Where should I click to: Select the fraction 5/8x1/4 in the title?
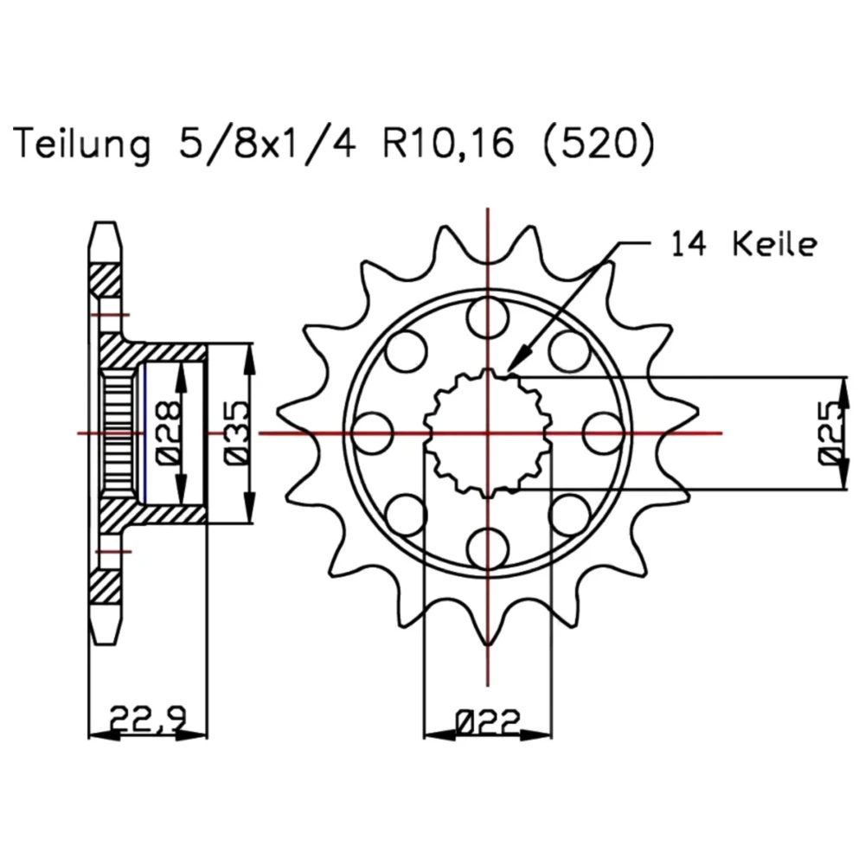click(x=267, y=144)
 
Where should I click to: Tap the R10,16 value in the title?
click(x=448, y=144)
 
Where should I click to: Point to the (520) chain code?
click(x=599, y=144)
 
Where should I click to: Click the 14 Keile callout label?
click(x=743, y=244)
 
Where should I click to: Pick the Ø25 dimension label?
click(x=832, y=433)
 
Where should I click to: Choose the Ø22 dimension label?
click(x=488, y=721)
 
